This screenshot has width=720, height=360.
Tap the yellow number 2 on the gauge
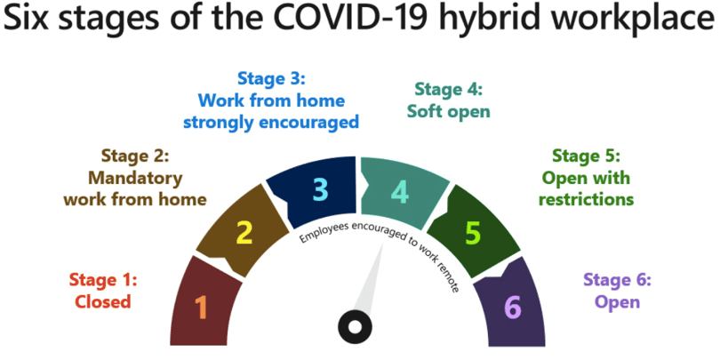[x=244, y=232]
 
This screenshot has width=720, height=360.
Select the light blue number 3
[x=321, y=189]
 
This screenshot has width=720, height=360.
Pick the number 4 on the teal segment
[x=400, y=193]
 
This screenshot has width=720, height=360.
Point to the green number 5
[x=473, y=233]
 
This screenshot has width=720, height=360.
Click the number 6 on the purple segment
[x=513, y=307]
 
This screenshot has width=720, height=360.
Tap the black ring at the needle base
[x=355, y=327]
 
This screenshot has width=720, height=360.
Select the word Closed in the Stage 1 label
[x=103, y=301]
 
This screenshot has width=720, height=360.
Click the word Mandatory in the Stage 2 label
[x=135, y=178]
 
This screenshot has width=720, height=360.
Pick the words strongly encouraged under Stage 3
[x=270, y=123]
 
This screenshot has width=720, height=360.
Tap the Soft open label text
[x=448, y=112]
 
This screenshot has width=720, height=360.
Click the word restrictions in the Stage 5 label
[x=586, y=200]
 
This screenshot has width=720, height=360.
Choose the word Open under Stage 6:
[x=617, y=301]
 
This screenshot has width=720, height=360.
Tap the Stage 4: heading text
[x=448, y=89]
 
